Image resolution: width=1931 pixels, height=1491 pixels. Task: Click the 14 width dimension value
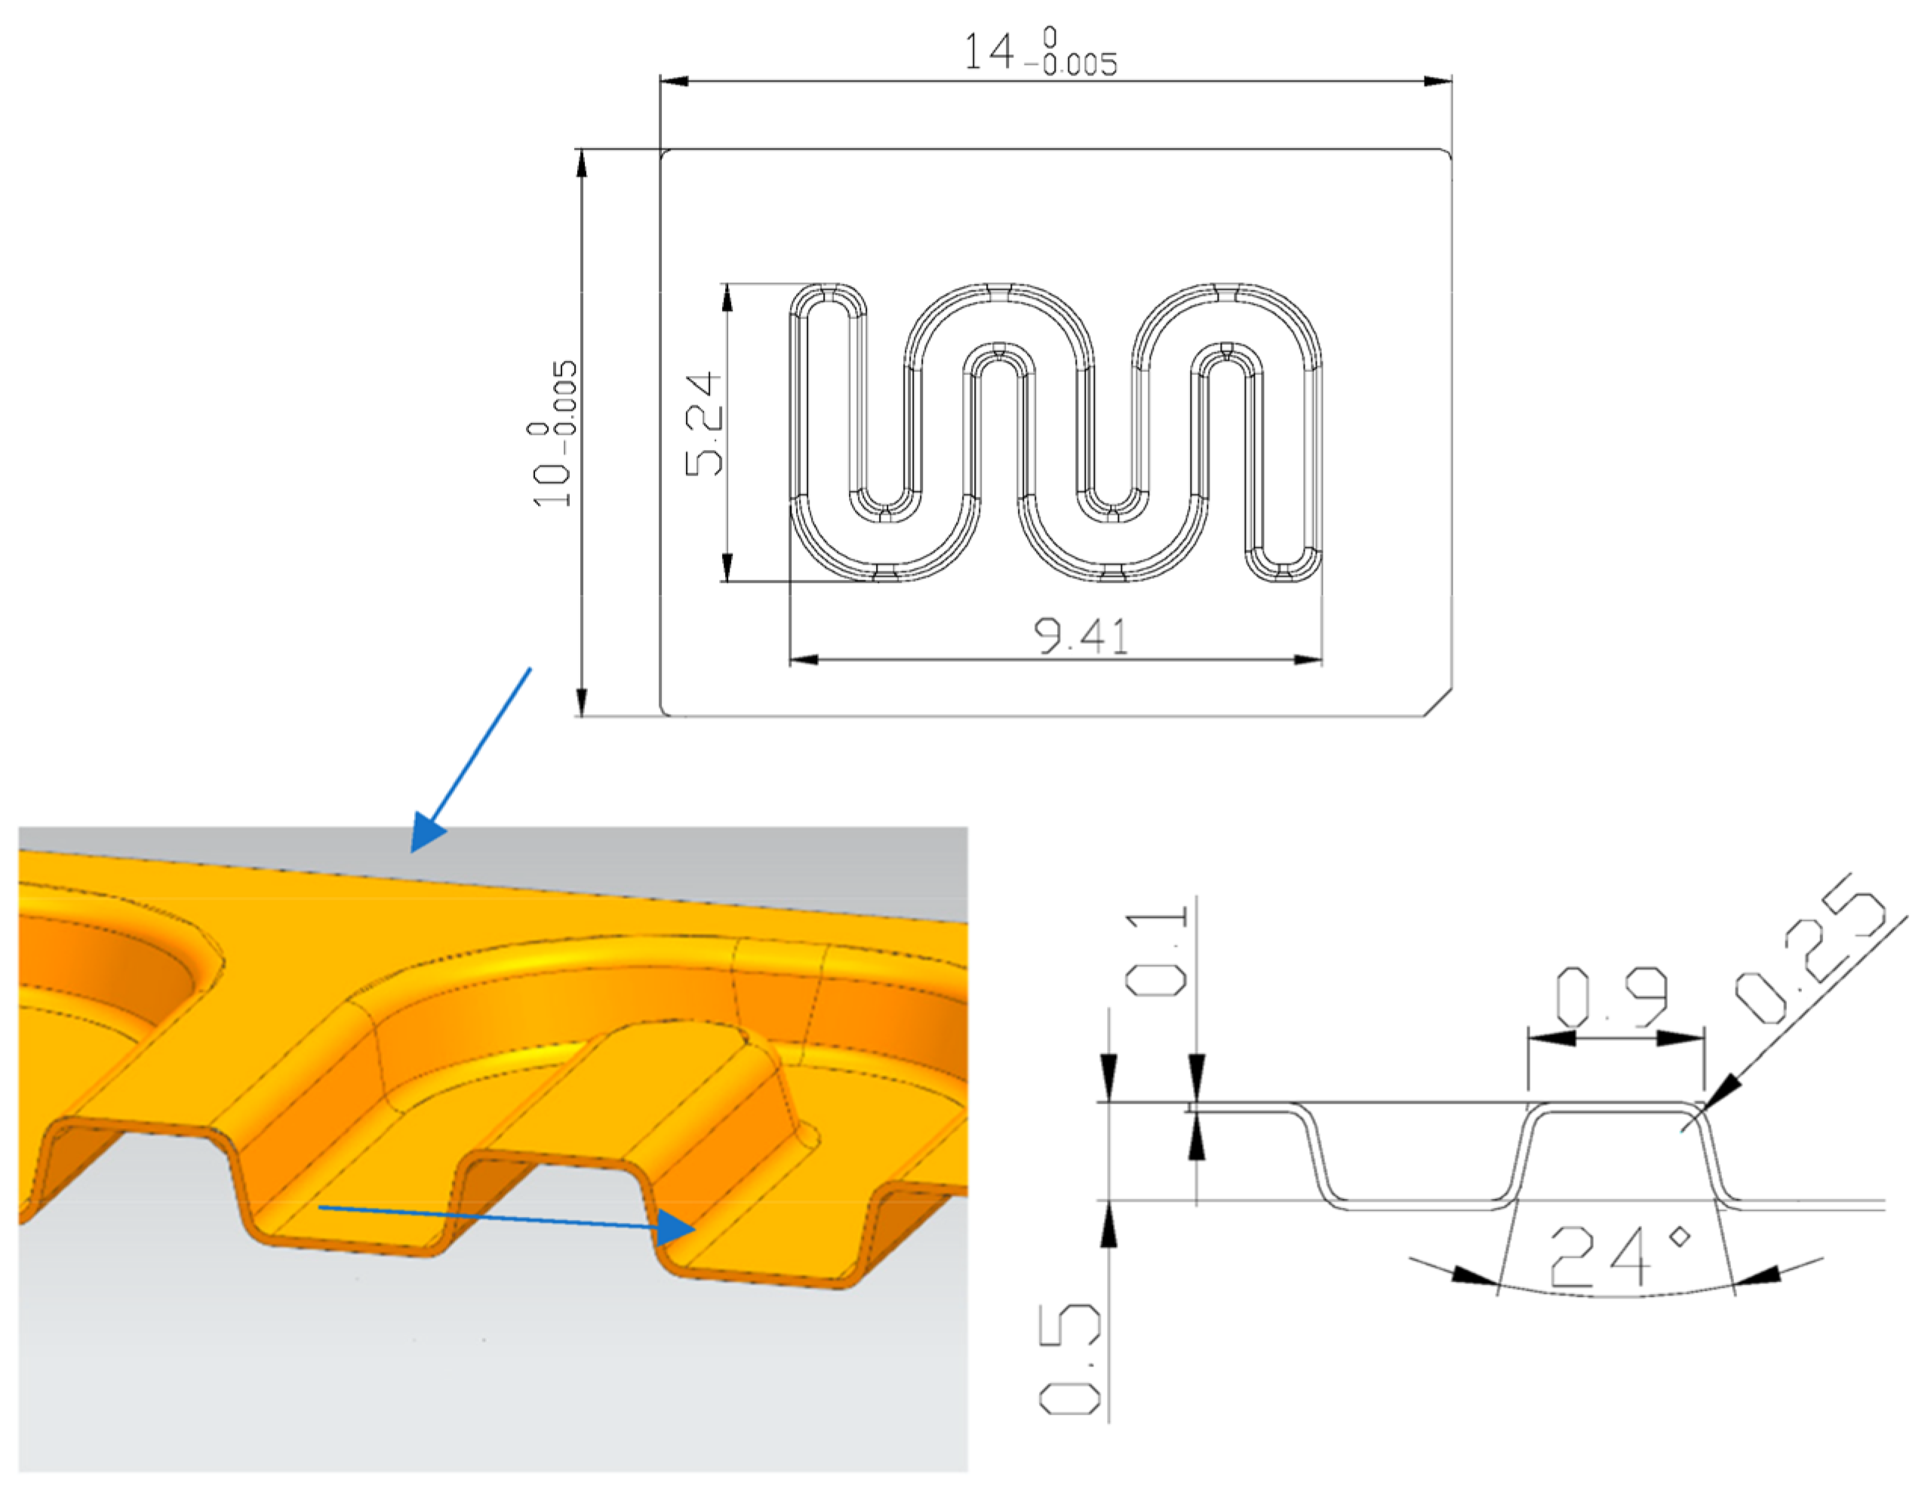point(989,51)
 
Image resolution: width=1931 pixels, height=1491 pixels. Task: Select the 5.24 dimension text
point(705,424)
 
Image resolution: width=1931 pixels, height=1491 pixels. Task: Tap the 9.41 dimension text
point(1081,636)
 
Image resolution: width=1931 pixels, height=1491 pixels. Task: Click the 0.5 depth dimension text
point(1070,1362)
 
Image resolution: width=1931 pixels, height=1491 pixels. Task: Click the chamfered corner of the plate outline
point(1437,703)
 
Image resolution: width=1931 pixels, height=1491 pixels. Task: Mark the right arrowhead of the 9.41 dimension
point(1308,660)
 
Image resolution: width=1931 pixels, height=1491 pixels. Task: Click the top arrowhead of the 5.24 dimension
point(727,298)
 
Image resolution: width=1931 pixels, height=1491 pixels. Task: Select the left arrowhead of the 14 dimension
point(674,82)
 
